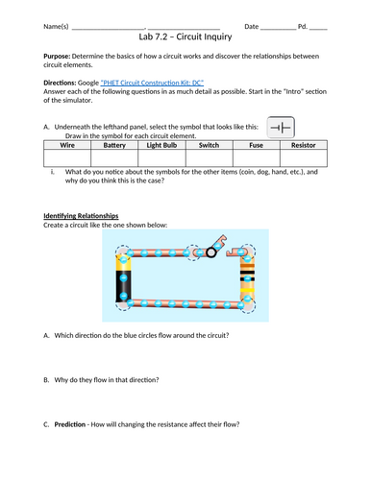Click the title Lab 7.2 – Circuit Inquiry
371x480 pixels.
click(x=185, y=36)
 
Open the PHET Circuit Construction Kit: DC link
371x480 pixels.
click(x=152, y=83)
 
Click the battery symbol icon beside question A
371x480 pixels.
click(x=281, y=128)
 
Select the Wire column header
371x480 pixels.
click(x=67, y=145)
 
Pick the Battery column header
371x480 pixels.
click(x=114, y=145)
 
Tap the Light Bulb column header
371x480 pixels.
click(x=161, y=145)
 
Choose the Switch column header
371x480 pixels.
click(x=209, y=145)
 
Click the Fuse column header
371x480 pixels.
click(x=257, y=145)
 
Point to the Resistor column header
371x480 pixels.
click(x=304, y=145)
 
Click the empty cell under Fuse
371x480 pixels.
click(x=257, y=157)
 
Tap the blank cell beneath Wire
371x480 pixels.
click(x=67, y=157)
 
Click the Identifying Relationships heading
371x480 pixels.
click(x=81, y=216)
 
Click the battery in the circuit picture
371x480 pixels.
click(x=123, y=277)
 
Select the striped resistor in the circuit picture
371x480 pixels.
click(x=247, y=277)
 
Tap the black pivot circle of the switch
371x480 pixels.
click(x=211, y=252)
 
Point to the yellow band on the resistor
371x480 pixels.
click(x=247, y=290)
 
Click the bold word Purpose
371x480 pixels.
click(x=57, y=57)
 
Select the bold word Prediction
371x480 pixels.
click(x=70, y=424)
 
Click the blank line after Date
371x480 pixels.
click(x=278, y=29)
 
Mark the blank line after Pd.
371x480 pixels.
click(x=318, y=29)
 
